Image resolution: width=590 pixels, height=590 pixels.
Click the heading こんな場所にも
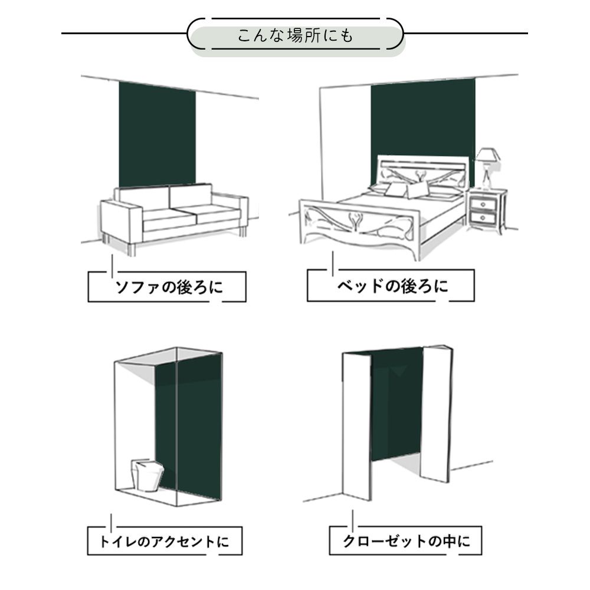pos(295,35)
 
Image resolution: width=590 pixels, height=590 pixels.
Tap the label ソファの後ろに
pos(167,287)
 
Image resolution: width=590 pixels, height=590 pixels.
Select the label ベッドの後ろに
pos(391,287)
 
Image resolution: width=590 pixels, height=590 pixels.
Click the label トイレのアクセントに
pos(165,541)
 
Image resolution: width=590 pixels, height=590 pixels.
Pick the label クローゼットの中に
pos(407,541)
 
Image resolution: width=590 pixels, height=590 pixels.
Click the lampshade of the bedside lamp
pos(488,155)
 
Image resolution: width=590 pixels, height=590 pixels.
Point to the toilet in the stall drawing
pos(146,474)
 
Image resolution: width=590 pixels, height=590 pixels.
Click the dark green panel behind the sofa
pos(157,133)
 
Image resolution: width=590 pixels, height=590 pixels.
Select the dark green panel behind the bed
pos(422,118)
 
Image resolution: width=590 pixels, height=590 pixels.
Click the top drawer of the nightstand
pos(487,204)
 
